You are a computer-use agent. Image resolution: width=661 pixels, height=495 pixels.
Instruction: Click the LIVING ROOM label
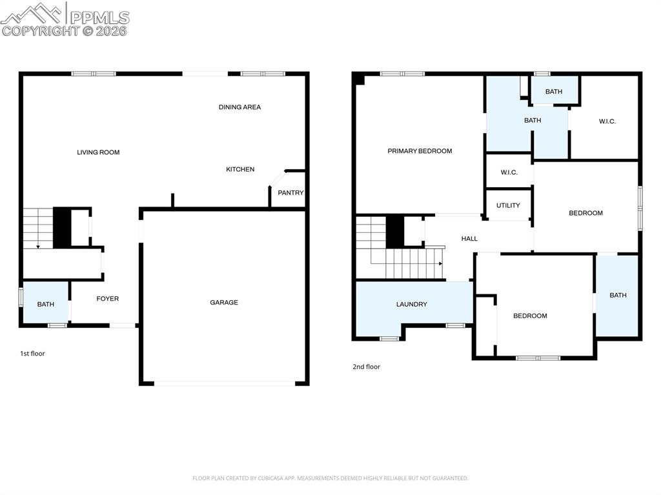pos(98,152)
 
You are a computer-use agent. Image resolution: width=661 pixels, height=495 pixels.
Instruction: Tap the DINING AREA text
pos(239,107)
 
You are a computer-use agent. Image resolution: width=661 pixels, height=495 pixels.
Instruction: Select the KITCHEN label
pos(240,169)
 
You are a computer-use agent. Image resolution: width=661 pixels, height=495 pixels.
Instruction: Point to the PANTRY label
pos(290,192)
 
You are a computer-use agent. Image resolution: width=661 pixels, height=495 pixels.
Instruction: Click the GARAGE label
pos(224,302)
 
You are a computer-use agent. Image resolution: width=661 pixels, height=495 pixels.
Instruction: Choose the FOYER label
pos(108,299)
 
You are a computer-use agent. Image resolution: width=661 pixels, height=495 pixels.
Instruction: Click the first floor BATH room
pos(45,304)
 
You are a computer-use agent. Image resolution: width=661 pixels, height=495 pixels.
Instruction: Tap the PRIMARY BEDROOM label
pos(420,151)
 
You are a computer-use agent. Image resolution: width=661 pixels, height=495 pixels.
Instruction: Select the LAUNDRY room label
pos(411,304)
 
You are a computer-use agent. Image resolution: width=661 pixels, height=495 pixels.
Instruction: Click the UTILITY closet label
pos(508,206)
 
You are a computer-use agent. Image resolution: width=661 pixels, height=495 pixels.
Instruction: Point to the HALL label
pos(469,239)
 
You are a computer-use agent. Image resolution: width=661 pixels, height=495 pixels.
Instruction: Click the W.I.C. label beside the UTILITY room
pos(509,172)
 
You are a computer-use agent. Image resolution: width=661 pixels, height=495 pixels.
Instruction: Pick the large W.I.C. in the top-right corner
pos(607,121)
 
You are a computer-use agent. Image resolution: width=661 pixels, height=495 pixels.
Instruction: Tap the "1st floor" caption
pos(32,354)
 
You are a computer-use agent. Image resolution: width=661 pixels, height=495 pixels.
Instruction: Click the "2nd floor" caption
pos(366,367)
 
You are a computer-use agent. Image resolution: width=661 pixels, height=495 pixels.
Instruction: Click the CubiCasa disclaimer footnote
pos(330,478)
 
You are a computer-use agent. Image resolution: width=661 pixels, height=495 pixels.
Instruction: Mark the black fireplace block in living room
pos(62,227)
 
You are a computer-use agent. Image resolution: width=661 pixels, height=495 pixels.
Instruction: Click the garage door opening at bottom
pos(225,383)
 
